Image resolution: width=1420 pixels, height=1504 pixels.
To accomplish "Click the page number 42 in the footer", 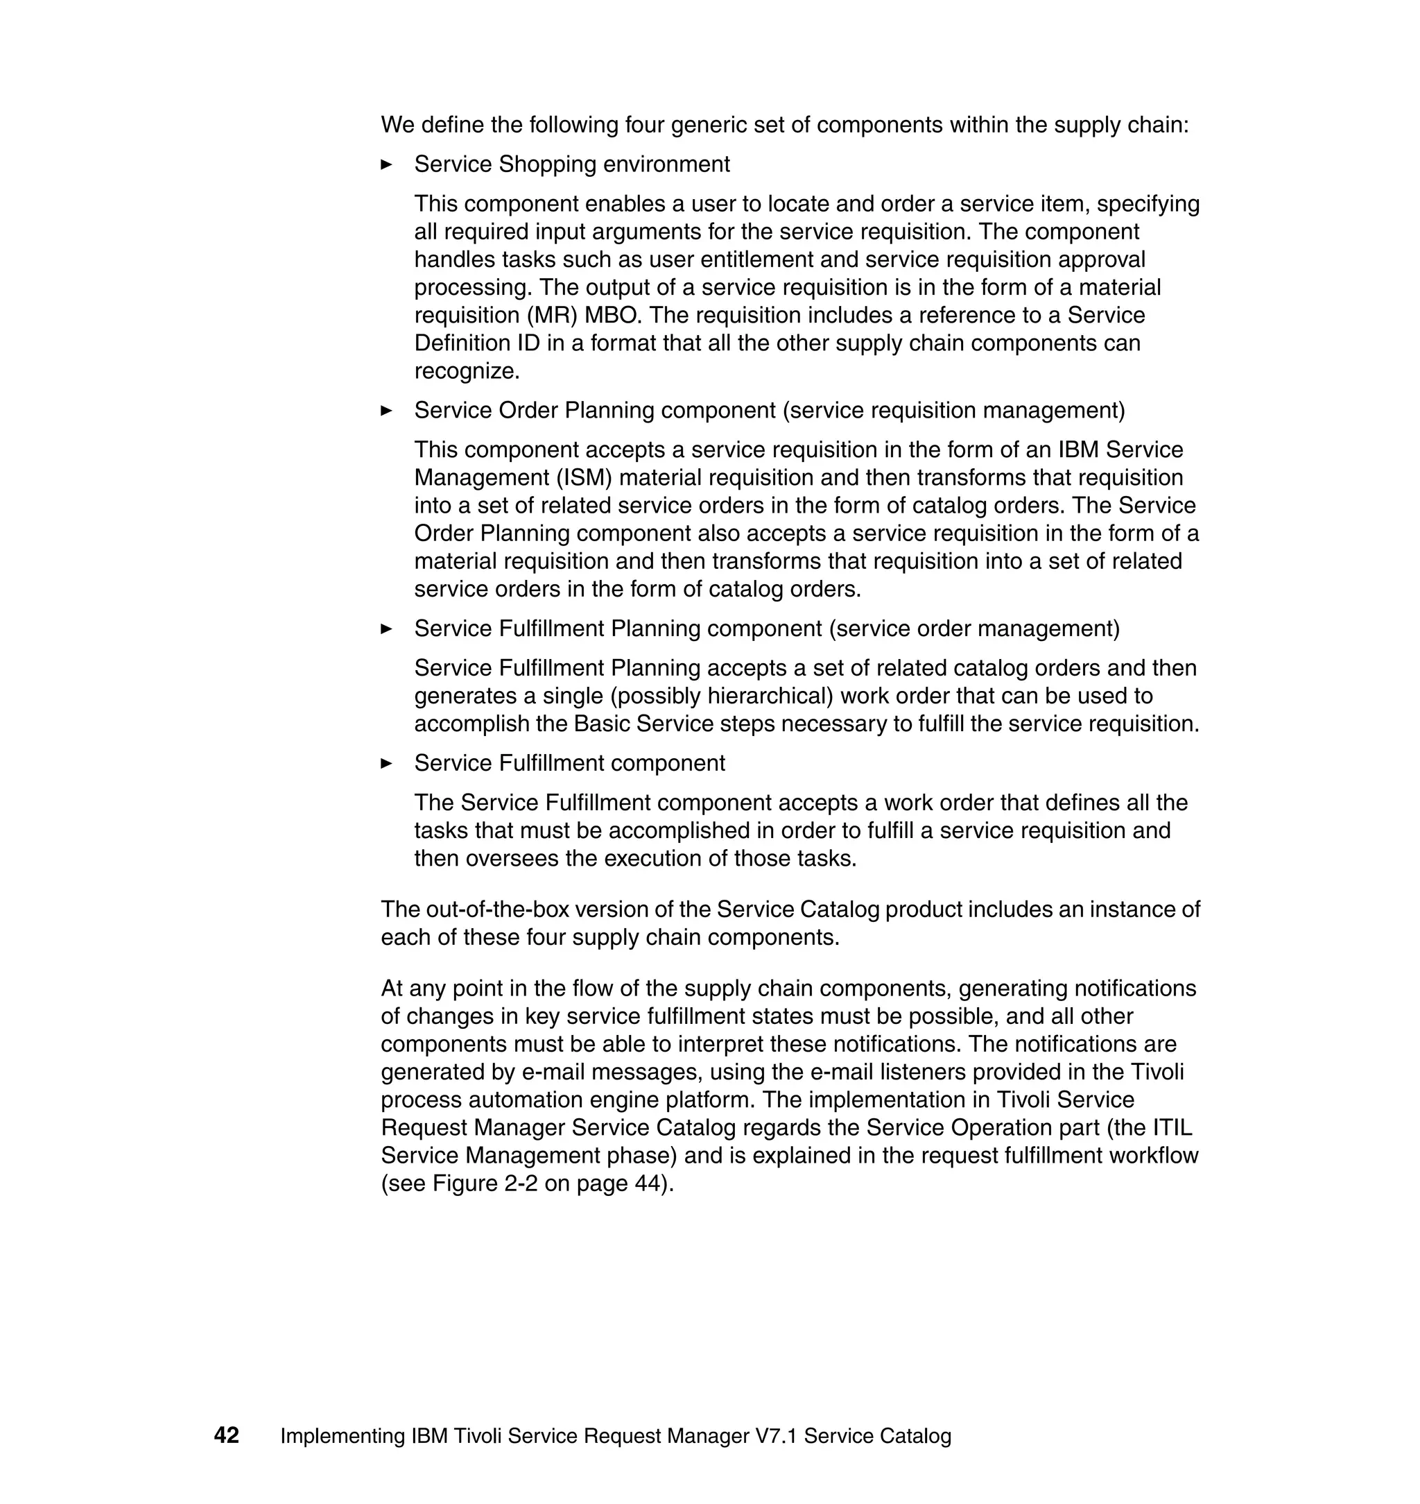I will pos(226,1435).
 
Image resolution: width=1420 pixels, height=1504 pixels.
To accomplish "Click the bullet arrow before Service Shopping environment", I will pos(386,164).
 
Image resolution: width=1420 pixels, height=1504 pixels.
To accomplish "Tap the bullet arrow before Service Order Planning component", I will pos(386,411).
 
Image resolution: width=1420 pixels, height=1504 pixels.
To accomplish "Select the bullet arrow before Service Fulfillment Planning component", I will pos(386,629).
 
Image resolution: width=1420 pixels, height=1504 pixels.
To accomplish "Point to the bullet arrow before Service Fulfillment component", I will pos(386,763).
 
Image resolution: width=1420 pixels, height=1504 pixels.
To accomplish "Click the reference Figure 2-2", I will pos(485,1183).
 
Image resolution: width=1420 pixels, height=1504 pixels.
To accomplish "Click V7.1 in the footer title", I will pos(776,1436).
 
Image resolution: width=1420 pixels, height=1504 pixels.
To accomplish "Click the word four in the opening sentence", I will pos(644,125).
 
